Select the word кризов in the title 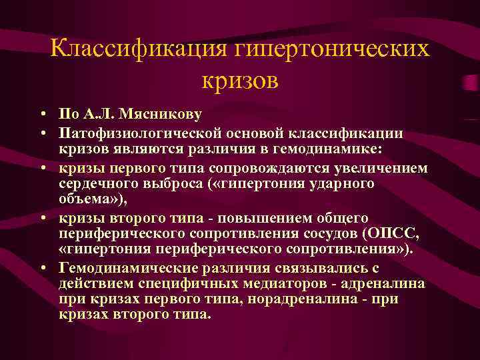239,81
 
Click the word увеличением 365,167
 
